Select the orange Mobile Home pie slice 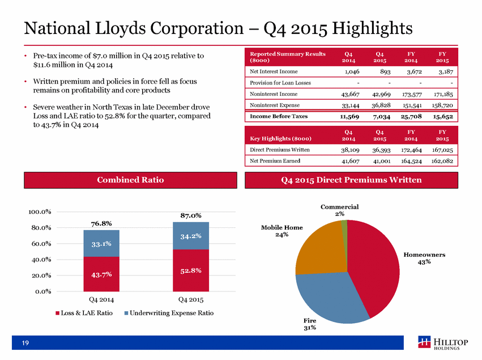tap(319, 249)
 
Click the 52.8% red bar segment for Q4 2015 tap(191, 270)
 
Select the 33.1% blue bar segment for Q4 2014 tap(101, 243)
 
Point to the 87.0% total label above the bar tap(191, 215)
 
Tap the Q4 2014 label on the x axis tap(101, 299)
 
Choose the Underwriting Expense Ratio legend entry tap(169, 313)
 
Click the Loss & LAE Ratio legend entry tap(84, 313)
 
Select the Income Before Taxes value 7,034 tap(381, 117)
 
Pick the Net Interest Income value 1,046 tap(352, 71)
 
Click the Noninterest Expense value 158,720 tap(442, 105)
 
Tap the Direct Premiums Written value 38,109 tap(350, 150)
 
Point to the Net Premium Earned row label tap(275, 160)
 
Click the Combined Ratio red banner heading tap(130, 180)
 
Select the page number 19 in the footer tap(25, 343)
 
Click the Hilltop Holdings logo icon tap(424, 342)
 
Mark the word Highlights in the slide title tap(372, 28)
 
